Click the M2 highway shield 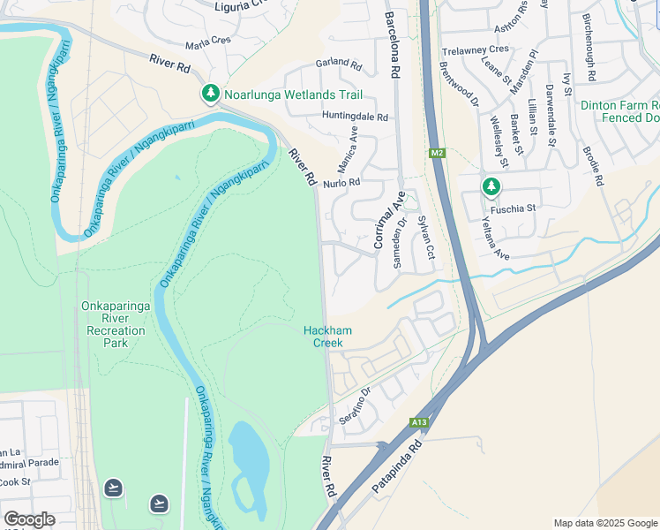pyautogui.click(x=438, y=154)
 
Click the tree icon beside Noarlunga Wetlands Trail pyautogui.click(x=210, y=94)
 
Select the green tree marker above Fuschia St pyautogui.click(x=491, y=187)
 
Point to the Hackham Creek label pyautogui.click(x=327, y=337)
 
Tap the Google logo pyautogui.click(x=29, y=519)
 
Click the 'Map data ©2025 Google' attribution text pyautogui.click(x=605, y=523)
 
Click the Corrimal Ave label pyautogui.click(x=389, y=218)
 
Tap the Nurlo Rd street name pyautogui.click(x=342, y=183)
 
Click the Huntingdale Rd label pyautogui.click(x=355, y=117)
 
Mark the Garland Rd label pyautogui.click(x=339, y=65)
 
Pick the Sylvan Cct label pyautogui.click(x=426, y=237)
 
